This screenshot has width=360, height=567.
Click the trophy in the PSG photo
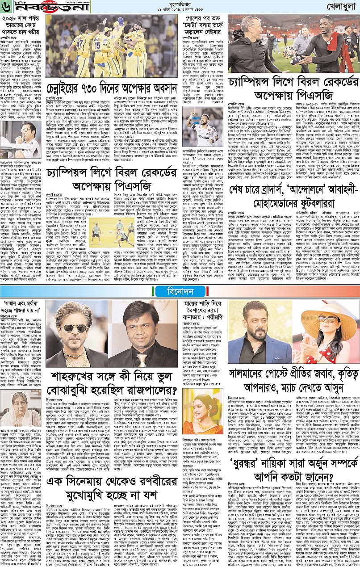291,50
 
